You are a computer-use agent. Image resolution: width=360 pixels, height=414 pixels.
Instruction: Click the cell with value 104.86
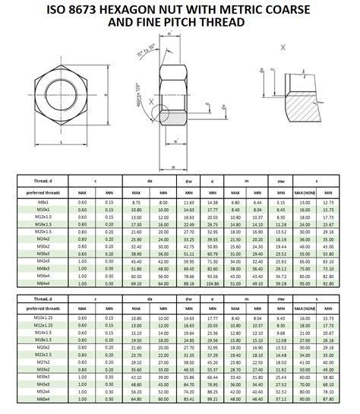213,283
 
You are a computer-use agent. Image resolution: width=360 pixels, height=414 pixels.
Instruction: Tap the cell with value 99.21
213,399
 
